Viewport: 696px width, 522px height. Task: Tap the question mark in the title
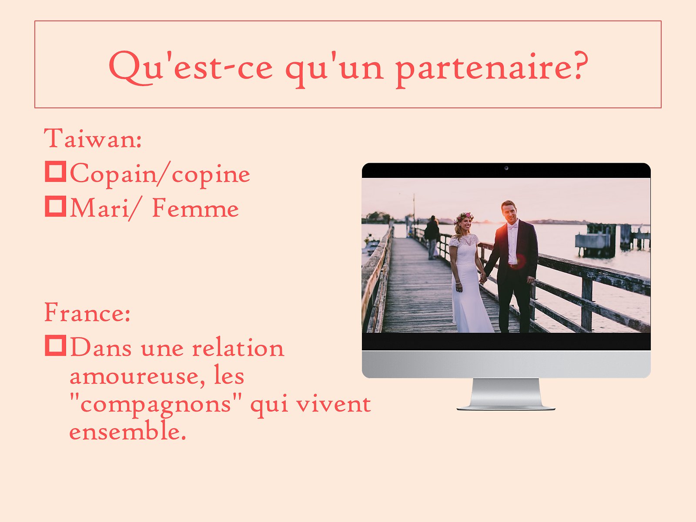578,65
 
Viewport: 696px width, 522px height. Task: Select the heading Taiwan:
93,138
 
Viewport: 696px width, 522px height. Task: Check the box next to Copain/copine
56,171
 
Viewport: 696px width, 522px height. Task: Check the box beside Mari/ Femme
56,206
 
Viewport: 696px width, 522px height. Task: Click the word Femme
196,208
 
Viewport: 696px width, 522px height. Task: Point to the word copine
211,176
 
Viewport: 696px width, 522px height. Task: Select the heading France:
87,312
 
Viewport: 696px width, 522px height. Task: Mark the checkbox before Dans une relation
56,345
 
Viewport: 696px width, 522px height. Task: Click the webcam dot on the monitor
506,168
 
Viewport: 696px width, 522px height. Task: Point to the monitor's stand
506,394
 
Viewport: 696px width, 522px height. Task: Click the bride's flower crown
464,217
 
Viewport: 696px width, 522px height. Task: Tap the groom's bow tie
512,227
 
